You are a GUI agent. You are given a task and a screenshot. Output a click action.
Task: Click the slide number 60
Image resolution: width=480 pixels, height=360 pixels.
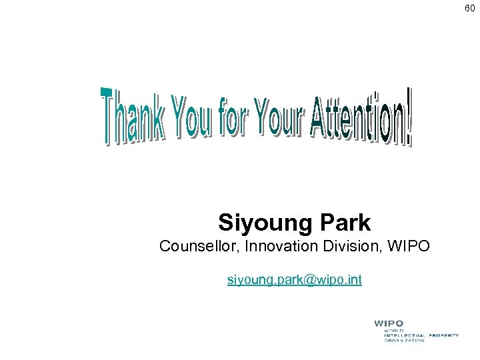[x=470, y=8]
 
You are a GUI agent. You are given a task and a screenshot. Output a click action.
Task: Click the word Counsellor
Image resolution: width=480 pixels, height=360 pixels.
[x=199, y=247]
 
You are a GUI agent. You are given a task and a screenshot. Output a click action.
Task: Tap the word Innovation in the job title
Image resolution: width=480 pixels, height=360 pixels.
[x=279, y=247]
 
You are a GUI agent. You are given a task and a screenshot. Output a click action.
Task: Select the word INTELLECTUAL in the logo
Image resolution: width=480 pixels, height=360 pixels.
[x=405, y=335]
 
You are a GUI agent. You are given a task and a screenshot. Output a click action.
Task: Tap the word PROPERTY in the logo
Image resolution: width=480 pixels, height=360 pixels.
[x=443, y=335]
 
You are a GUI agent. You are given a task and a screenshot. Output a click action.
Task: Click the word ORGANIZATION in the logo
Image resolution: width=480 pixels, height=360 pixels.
[x=404, y=341]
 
